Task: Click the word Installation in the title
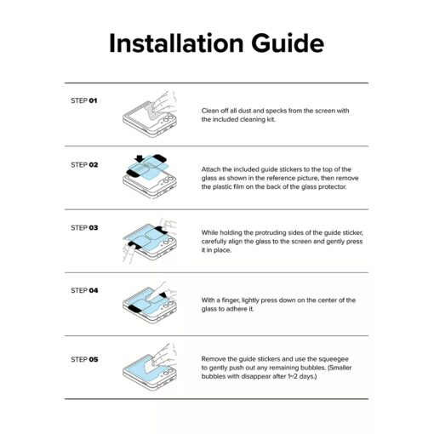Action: click(x=176, y=43)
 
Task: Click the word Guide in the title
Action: click(x=288, y=43)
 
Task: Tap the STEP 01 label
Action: click(x=84, y=100)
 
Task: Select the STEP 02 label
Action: click(x=84, y=165)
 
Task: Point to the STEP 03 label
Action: click(x=84, y=228)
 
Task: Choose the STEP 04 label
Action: click(x=84, y=290)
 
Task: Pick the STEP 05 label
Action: click(x=84, y=359)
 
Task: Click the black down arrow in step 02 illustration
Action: click(x=140, y=158)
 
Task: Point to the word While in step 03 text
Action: click(x=209, y=232)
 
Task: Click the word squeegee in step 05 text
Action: click(x=334, y=359)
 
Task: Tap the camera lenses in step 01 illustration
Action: click(x=168, y=118)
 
